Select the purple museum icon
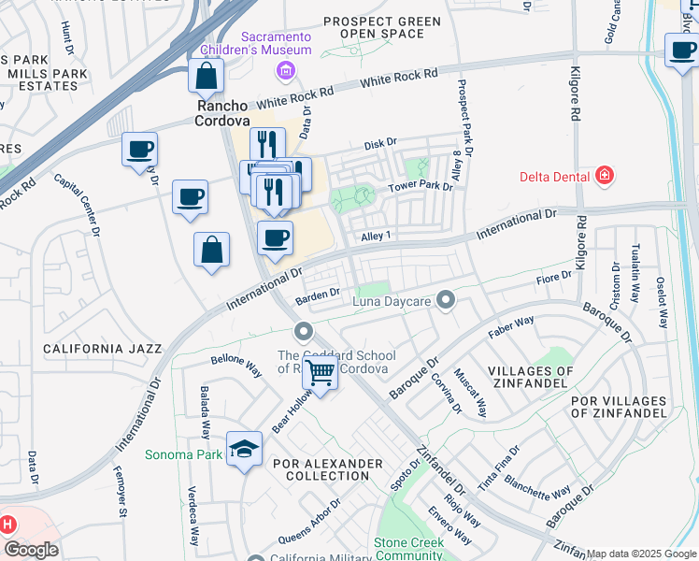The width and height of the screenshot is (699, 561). click(286, 70)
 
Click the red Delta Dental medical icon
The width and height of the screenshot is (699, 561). click(605, 176)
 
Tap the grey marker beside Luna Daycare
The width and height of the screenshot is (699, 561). click(446, 300)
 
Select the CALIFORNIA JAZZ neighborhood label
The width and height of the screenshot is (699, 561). click(102, 349)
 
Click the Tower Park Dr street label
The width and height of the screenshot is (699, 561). click(421, 186)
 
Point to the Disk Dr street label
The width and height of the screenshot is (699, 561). click(380, 144)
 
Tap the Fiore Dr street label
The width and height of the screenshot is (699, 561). click(553, 278)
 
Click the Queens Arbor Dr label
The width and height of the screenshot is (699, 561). click(308, 521)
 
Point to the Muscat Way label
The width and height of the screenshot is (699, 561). click(470, 392)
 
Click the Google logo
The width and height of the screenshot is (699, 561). click(30, 550)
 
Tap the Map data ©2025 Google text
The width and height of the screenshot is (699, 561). click(641, 554)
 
